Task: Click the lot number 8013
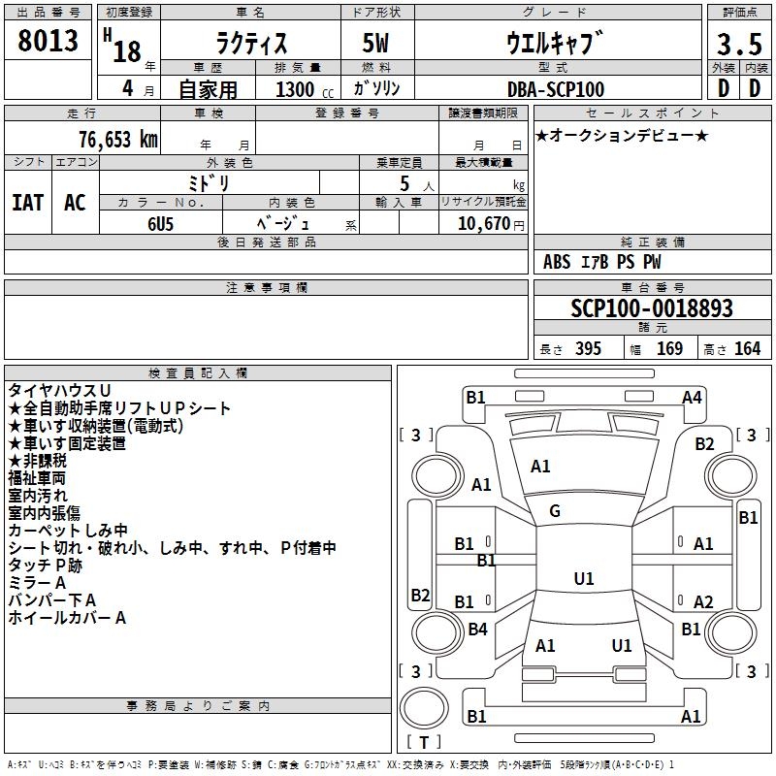pos(48,41)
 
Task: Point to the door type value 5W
pos(376,44)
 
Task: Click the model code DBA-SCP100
pos(556,89)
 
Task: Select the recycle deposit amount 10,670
pos(482,224)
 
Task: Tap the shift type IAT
pos(27,203)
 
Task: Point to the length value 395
pos(585,349)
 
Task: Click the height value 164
pos(747,349)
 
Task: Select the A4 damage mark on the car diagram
pos(692,397)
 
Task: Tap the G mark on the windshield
pos(555,511)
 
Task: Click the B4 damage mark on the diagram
pos(477,630)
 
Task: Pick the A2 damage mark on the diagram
pos(703,602)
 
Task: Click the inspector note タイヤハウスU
pos(59,390)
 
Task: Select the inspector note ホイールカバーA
pos(68,617)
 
